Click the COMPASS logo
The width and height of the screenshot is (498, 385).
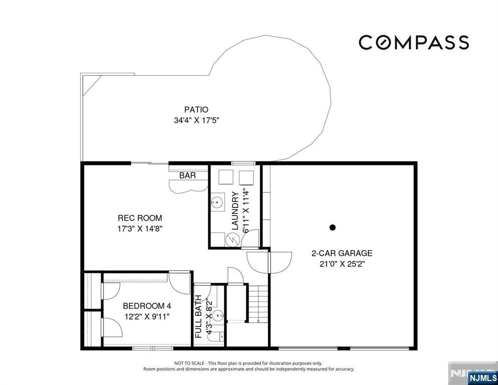click(414, 42)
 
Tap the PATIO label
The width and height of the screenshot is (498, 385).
click(196, 110)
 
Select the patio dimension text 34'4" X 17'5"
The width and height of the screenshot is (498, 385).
click(196, 120)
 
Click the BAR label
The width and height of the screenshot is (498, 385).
click(187, 175)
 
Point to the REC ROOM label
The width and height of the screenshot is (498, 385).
click(140, 218)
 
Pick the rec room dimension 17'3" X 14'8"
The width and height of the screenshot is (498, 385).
click(140, 229)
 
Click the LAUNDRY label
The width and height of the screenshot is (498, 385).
click(235, 211)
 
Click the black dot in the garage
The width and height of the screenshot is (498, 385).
click(333, 227)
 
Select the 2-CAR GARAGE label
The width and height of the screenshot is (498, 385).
click(342, 253)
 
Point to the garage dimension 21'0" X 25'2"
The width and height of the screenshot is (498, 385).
click(342, 264)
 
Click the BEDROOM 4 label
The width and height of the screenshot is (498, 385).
click(147, 306)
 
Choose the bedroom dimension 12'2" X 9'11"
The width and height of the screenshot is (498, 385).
click(147, 316)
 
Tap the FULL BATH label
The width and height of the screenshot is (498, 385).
click(198, 317)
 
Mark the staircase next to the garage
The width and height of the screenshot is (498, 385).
click(258, 304)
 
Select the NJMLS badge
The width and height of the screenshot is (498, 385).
click(482, 377)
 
